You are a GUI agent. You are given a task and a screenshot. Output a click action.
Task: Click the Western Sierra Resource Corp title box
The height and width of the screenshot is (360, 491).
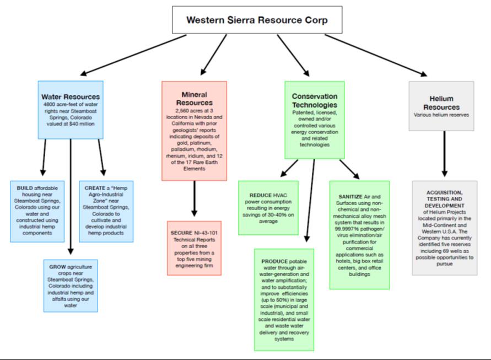tap(257, 20)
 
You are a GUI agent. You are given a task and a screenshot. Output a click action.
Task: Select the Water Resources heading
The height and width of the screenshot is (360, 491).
tap(70, 97)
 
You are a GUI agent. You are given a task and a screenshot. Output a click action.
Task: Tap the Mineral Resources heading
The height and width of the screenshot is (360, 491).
tap(194, 98)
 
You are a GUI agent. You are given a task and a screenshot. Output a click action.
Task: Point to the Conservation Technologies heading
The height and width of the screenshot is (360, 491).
tap(315, 100)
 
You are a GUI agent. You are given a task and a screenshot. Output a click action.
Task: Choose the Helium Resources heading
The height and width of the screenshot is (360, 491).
tap(441, 102)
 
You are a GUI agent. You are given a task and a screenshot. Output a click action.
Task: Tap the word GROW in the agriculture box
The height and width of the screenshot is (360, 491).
tap(58, 267)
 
